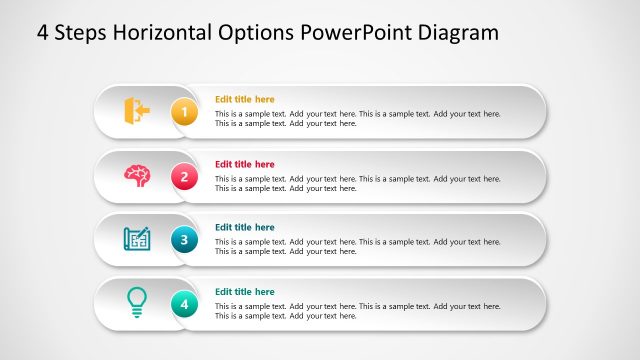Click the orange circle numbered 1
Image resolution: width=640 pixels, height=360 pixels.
coord(184,112)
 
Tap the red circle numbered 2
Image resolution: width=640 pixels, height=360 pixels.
coord(184,176)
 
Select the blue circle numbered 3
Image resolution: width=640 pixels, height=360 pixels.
coord(184,240)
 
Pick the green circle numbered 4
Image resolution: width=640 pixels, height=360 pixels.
coord(184,304)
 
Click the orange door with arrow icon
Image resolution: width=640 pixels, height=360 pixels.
coord(136,110)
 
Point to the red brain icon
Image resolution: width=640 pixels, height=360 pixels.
coord(137,175)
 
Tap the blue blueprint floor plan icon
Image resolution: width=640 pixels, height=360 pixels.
coord(137,239)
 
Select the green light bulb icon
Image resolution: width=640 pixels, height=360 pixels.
coord(137,302)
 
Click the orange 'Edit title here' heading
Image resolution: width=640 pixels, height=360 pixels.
coord(244,99)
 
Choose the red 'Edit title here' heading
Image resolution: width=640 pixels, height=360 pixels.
coord(244,164)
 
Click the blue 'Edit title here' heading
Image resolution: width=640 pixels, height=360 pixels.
coord(244,227)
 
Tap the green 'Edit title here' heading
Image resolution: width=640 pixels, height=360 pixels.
coord(244,292)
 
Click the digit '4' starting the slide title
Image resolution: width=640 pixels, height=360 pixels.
coord(43,32)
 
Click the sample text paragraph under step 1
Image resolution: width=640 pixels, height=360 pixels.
coord(357,119)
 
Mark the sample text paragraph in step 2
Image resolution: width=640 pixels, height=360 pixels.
coord(357,183)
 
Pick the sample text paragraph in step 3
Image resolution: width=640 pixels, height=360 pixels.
coord(357,247)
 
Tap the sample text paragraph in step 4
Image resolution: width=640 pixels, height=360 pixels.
coord(357,311)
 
